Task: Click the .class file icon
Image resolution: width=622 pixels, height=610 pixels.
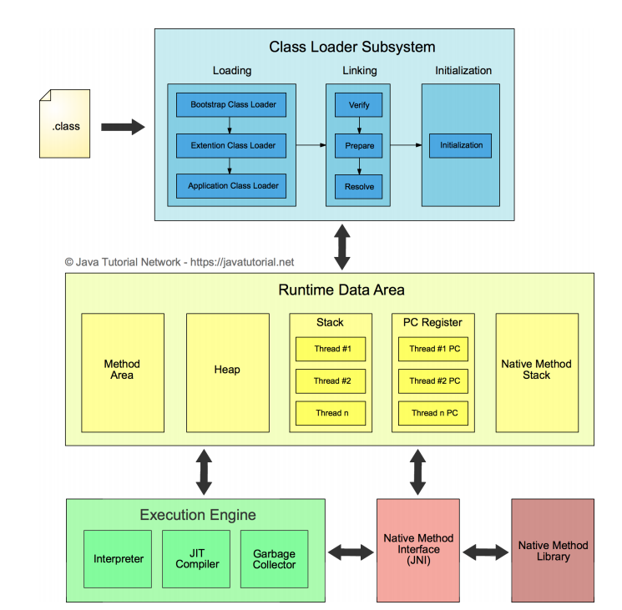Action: [x=64, y=126]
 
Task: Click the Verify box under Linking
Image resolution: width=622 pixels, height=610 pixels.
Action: [x=359, y=105]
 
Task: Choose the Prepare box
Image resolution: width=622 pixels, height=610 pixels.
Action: [x=359, y=145]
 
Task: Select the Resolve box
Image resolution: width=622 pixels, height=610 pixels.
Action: [x=359, y=186]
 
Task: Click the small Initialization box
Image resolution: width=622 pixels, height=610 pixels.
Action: [x=461, y=145]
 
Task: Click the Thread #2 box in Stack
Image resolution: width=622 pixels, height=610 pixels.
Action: [x=331, y=381]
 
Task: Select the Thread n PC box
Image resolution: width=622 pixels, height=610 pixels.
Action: [x=434, y=413]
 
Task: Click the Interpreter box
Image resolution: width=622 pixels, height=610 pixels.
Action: [x=118, y=558]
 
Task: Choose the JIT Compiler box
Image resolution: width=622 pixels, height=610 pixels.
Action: [x=197, y=558]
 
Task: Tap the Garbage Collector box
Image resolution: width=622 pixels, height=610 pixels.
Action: [x=274, y=558]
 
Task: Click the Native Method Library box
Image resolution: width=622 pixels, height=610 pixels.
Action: [x=553, y=551]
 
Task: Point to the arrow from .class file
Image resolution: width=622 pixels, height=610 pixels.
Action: [x=122, y=127]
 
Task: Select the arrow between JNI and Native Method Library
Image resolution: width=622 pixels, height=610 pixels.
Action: [x=485, y=552]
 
